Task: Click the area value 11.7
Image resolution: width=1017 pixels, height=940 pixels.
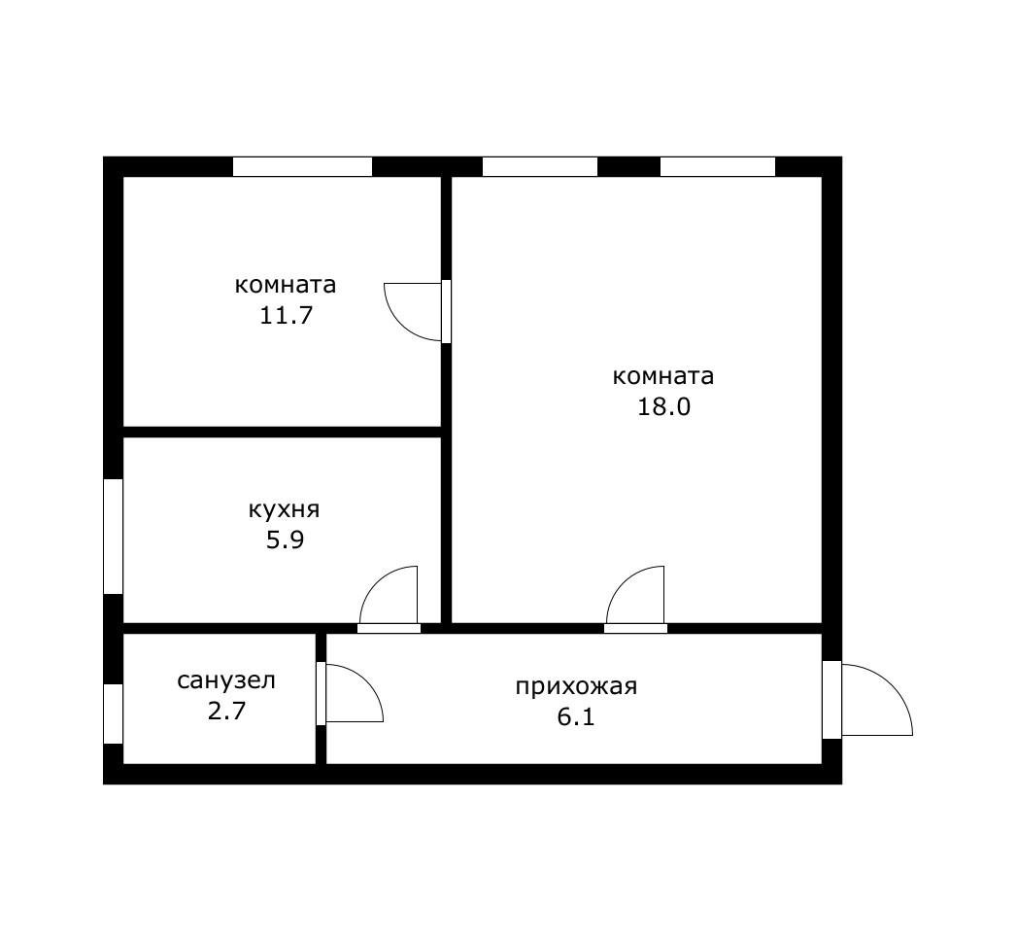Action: click(285, 316)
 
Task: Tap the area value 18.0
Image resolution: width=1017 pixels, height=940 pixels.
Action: click(663, 407)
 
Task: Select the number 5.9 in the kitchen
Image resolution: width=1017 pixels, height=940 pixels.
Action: click(285, 540)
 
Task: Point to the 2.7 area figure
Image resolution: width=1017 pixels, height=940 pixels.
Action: click(226, 711)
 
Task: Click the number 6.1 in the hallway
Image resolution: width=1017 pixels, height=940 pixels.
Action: click(576, 717)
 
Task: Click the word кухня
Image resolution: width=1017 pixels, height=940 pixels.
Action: click(285, 509)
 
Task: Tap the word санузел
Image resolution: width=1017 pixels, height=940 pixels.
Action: click(226, 680)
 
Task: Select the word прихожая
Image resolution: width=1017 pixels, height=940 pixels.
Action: click(576, 687)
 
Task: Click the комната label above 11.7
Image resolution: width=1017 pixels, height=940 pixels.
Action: click(285, 286)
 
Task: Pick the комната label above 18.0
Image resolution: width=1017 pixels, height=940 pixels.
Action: click(663, 376)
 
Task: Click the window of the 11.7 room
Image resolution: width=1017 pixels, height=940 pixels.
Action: click(302, 167)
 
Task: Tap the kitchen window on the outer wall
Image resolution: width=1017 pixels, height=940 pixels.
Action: click(114, 536)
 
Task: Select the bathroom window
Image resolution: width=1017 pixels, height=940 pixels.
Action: click(114, 714)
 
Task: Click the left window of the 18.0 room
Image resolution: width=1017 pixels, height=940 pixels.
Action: click(539, 167)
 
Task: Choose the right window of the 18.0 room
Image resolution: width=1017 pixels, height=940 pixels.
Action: click(717, 167)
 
